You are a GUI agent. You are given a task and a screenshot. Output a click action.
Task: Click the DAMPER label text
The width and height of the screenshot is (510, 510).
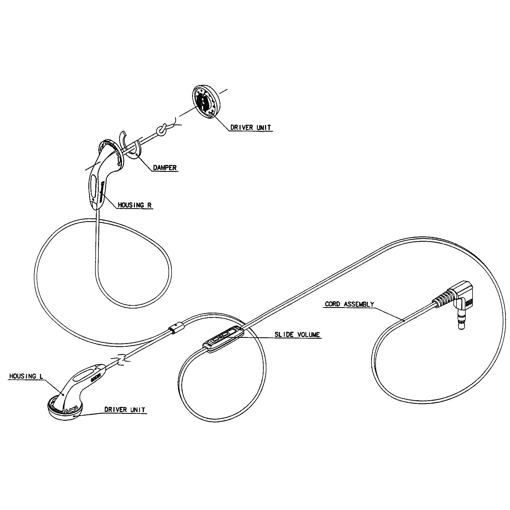[165, 168]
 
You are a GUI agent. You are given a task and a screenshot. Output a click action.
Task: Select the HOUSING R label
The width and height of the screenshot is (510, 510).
[135, 205]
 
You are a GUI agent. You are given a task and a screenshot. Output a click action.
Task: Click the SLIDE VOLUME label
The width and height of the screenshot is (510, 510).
[297, 335]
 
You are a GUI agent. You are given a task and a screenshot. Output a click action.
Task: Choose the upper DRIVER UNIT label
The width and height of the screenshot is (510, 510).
[251, 127]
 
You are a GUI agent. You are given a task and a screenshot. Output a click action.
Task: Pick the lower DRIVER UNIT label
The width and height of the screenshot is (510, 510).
[125, 409]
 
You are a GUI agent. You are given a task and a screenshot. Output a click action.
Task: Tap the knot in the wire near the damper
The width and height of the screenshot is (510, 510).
[161, 130]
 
